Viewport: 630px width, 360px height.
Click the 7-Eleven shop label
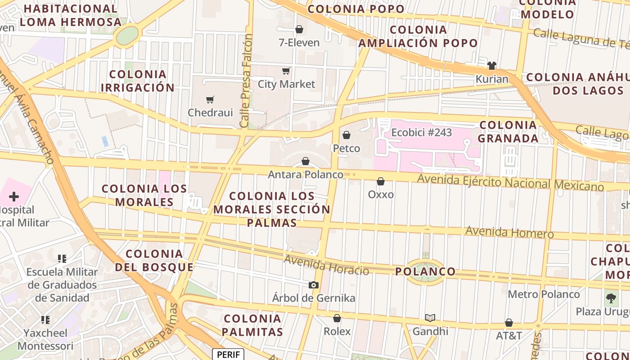(299, 43)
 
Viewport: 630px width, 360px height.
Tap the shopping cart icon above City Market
(286, 71)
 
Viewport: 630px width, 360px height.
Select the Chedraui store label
(210, 112)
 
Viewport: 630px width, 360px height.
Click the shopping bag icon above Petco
(346, 135)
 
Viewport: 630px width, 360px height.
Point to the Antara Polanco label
(306, 174)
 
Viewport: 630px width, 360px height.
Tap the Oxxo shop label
(381, 194)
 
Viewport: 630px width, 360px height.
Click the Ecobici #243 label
(421, 133)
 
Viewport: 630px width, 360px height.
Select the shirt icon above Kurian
(491, 66)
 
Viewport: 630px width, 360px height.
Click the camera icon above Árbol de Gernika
(314, 285)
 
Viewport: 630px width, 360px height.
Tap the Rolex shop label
(337, 331)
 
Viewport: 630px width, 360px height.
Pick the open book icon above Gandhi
(430, 318)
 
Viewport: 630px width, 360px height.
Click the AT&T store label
(509, 336)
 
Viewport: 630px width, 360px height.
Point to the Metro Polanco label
(544, 294)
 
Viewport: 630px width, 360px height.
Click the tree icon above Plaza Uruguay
(611, 298)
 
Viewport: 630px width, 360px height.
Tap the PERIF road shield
(228, 354)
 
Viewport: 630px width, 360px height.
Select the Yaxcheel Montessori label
(45, 339)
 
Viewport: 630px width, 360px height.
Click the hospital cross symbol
(14, 197)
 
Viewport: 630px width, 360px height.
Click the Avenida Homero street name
(509, 232)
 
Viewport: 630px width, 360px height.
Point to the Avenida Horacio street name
(326, 265)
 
